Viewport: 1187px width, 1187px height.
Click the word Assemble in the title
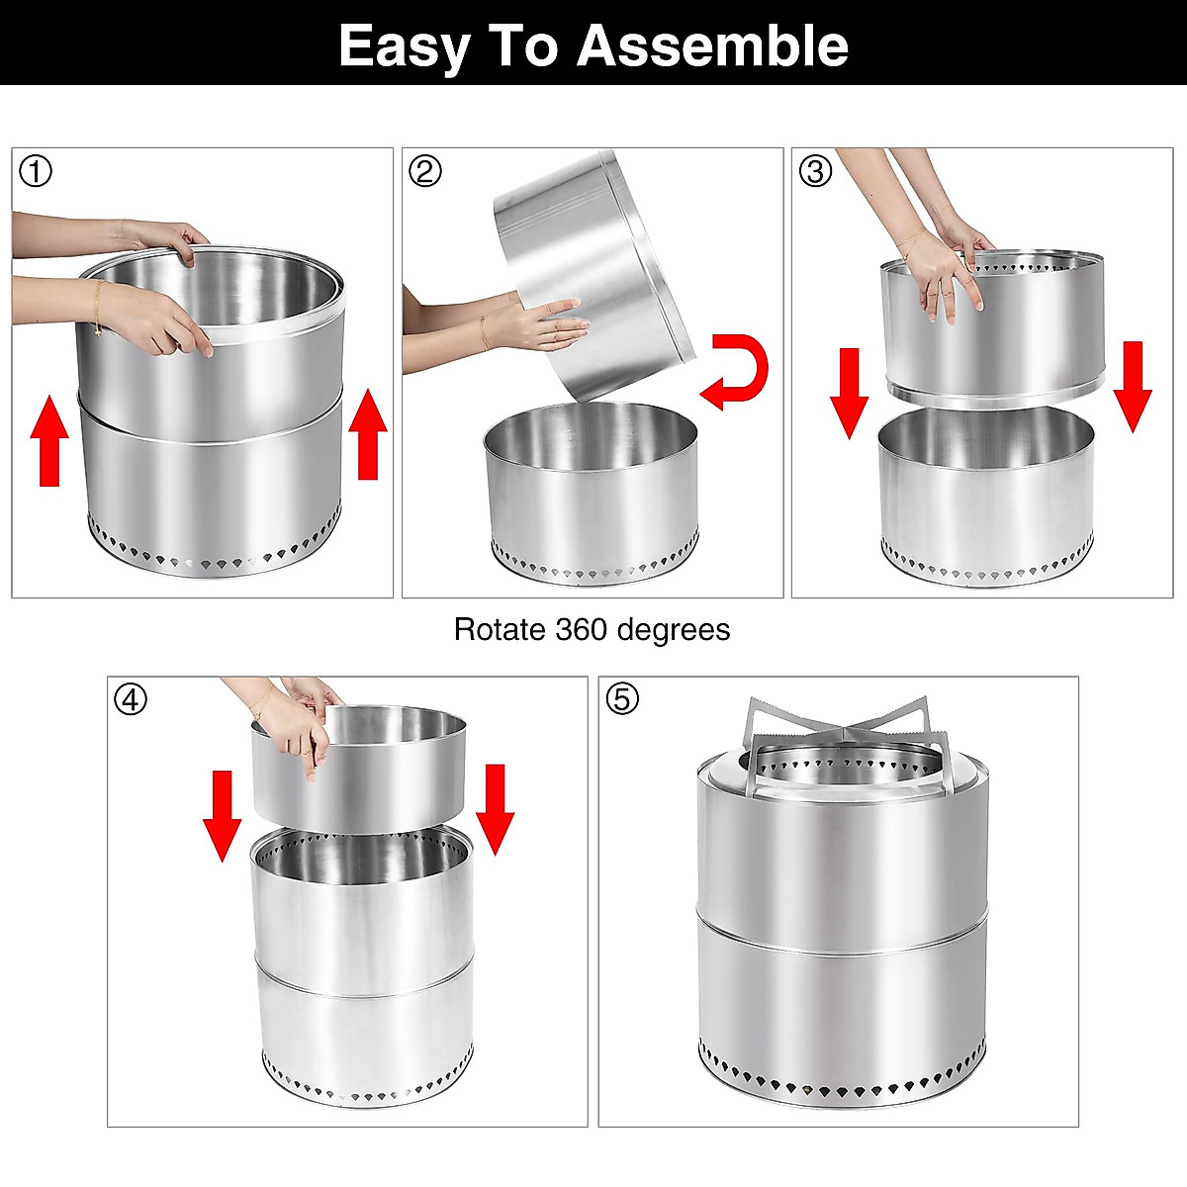coord(712,46)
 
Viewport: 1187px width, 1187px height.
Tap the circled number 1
coord(36,171)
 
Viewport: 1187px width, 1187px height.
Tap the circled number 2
coord(425,171)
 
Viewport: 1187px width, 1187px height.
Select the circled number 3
coord(815,171)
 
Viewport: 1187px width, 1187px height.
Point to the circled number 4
coord(131,699)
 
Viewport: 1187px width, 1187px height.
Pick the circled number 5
coord(622,699)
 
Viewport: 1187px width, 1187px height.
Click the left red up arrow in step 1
coord(49,441)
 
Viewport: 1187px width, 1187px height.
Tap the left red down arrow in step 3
coord(849,390)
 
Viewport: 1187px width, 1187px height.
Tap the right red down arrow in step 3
coord(1133,386)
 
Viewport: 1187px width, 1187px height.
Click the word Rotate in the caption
coord(500,630)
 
